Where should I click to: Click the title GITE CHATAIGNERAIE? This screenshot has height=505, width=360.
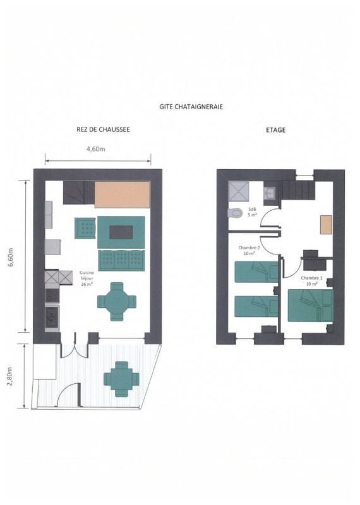[x=191, y=107]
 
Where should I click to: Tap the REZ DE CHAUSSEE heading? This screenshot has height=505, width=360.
[x=103, y=129]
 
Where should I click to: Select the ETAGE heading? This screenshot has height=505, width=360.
[x=275, y=130]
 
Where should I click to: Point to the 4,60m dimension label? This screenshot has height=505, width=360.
[x=96, y=149]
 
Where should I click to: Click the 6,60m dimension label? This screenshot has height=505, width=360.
[x=11, y=257]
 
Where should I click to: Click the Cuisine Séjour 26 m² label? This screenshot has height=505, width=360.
[x=87, y=278]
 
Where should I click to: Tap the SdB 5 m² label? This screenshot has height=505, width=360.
[x=252, y=211]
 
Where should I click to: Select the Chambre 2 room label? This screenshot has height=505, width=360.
[x=249, y=250]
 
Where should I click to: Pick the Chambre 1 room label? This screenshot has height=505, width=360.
[x=311, y=280]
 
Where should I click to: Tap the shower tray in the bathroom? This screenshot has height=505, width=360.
[x=239, y=191]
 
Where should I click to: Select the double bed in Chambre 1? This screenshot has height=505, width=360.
[x=310, y=306]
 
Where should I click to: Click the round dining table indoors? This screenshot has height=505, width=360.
[x=117, y=302]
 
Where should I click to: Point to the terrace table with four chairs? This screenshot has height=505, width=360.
[x=121, y=379]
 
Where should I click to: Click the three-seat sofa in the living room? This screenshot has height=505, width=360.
[x=121, y=261]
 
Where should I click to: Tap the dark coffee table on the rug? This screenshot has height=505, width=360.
[x=121, y=232]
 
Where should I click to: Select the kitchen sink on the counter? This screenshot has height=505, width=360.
[x=52, y=318]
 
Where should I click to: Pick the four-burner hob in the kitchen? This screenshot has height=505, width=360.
[x=52, y=295]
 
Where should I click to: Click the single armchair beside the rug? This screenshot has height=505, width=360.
[x=85, y=229]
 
